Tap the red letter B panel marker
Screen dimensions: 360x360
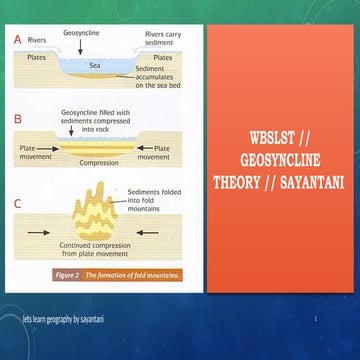pyautogui.click(x=17, y=118)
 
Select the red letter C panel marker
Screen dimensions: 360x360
pyautogui.click(x=17, y=204)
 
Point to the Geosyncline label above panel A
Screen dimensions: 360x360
pyautogui.click(x=80, y=33)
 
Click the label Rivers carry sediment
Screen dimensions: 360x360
pyautogui.click(x=162, y=39)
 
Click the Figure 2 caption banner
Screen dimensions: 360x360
pyautogui.click(x=117, y=274)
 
